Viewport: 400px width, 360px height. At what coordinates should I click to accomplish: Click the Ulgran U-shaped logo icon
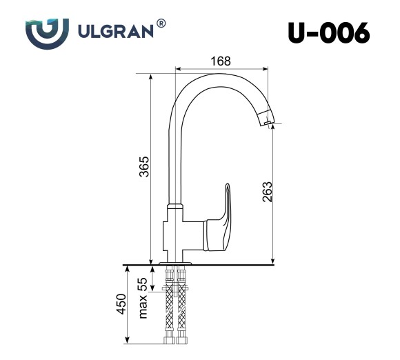(46, 32)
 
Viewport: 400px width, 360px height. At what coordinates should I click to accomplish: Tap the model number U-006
(328, 32)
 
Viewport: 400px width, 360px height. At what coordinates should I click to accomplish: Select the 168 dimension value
(220, 61)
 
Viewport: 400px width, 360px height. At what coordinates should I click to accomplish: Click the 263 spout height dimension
(268, 192)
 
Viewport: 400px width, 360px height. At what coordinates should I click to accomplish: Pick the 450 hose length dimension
(121, 304)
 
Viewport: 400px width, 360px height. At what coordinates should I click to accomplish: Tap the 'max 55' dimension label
(143, 298)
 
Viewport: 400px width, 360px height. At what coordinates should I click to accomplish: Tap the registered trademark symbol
(161, 23)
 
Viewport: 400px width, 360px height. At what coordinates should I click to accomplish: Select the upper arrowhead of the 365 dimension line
(150, 72)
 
